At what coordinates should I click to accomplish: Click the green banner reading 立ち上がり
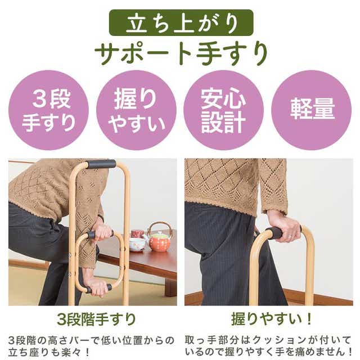click(181, 22)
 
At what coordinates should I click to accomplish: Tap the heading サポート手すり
click(181, 53)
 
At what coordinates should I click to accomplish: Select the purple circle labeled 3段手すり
click(49, 110)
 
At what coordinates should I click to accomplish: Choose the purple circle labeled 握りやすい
click(136, 110)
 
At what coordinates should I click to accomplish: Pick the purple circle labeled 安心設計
click(224, 110)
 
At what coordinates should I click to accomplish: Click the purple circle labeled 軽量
click(312, 110)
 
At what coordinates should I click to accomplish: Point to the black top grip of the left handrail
click(101, 164)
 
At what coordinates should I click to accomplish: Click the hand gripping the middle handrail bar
click(102, 232)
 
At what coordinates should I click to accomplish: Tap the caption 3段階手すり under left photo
click(96, 319)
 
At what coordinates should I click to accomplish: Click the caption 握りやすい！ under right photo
click(272, 319)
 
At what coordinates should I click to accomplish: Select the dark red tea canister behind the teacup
click(137, 234)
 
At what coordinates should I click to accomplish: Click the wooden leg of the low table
click(170, 287)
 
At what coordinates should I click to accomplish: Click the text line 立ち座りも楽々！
click(49, 352)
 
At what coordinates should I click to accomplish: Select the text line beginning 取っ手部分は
click(268, 340)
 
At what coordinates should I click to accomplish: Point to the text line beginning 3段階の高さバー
click(91, 340)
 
